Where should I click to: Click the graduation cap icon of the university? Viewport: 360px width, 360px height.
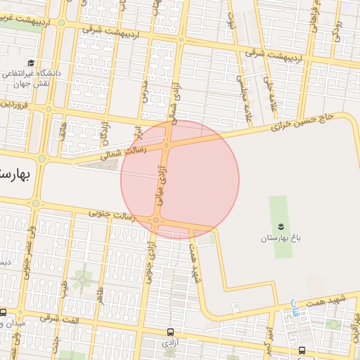pos(32,63)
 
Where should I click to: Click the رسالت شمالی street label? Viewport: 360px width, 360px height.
pos(125,150)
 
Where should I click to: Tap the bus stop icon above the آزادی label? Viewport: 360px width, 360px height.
pos(170,331)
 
